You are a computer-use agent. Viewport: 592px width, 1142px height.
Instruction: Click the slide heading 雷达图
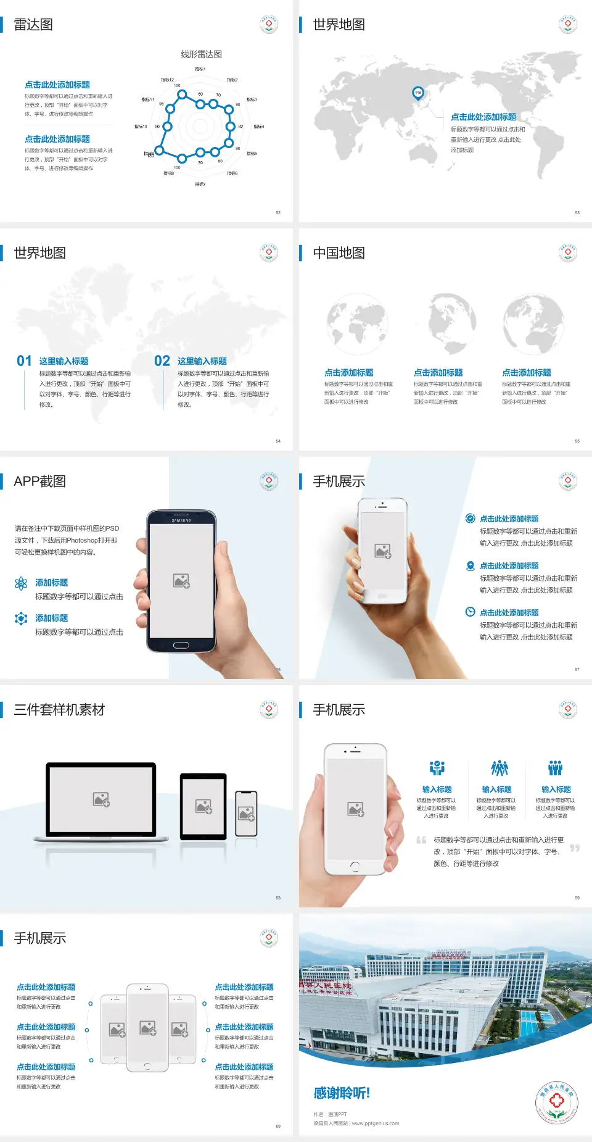pyautogui.click(x=33, y=25)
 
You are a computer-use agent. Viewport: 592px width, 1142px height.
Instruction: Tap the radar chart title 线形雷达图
pyautogui.click(x=201, y=54)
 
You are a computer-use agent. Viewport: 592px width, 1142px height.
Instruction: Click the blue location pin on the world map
pyautogui.click(x=418, y=93)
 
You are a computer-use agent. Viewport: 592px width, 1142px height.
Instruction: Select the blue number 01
pyautogui.click(x=24, y=361)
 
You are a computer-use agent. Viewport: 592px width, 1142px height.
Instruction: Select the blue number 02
pyautogui.click(x=162, y=361)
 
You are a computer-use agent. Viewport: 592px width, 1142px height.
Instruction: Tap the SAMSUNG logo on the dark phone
pyautogui.click(x=181, y=520)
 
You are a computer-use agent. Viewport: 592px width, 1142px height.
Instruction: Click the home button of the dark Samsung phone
pyautogui.click(x=181, y=645)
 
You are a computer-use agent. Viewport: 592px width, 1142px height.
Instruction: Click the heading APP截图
pyautogui.click(x=40, y=481)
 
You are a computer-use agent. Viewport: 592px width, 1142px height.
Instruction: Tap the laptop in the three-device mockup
pyautogui.click(x=101, y=801)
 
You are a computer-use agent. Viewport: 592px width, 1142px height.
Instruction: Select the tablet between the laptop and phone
pyautogui.click(x=203, y=806)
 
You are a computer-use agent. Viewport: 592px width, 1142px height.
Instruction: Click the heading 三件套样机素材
pyautogui.click(x=59, y=710)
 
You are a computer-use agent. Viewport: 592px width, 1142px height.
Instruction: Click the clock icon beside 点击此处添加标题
pyautogui.click(x=470, y=612)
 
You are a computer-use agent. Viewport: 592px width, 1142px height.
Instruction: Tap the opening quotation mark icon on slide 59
pyautogui.click(x=421, y=840)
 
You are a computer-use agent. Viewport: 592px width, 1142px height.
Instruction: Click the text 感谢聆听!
pyautogui.click(x=342, y=1093)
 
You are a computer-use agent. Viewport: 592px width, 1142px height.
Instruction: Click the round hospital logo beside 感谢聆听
pyautogui.click(x=556, y=1102)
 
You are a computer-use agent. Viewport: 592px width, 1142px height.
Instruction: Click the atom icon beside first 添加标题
pyautogui.click(x=21, y=583)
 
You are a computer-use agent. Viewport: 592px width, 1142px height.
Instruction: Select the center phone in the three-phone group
pyautogui.click(x=147, y=1027)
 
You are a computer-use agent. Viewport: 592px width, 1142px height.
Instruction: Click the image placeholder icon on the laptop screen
pyautogui.click(x=101, y=799)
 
